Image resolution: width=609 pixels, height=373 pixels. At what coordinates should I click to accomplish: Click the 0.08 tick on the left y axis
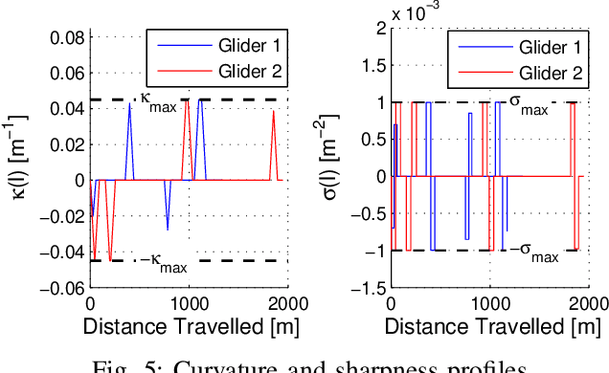pos(69,38)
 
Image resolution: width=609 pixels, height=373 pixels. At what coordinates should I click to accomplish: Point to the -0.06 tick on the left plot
pos(65,287)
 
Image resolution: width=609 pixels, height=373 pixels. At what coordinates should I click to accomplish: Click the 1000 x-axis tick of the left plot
pos(189,303)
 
